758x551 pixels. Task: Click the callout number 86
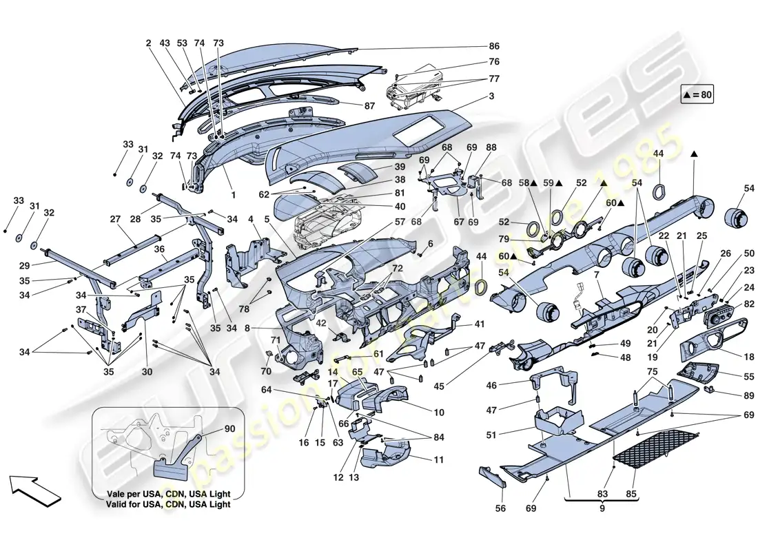pos(494,47)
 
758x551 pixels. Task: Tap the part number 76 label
pos(494,61)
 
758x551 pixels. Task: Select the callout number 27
pos(114,220)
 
